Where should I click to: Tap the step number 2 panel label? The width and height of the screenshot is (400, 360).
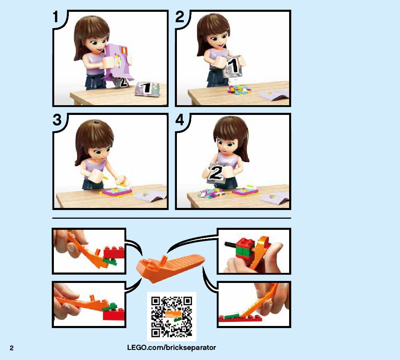coord(180,17)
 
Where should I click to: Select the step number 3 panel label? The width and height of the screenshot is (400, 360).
coord(57,120)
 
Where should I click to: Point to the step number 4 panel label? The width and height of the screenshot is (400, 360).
coord(180,120)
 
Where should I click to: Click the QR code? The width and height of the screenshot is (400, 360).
coord(171,317)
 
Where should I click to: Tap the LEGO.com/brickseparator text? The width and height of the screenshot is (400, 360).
coord(171,348)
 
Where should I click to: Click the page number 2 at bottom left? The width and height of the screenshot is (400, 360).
coord(11,348)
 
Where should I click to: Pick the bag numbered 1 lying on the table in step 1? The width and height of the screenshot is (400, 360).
coord(147,89)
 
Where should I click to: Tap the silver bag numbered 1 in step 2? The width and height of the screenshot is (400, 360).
coord(232,66)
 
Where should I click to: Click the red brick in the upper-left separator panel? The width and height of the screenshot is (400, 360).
coord(114,252)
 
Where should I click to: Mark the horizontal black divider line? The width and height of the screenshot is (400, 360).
coord(171,218)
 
